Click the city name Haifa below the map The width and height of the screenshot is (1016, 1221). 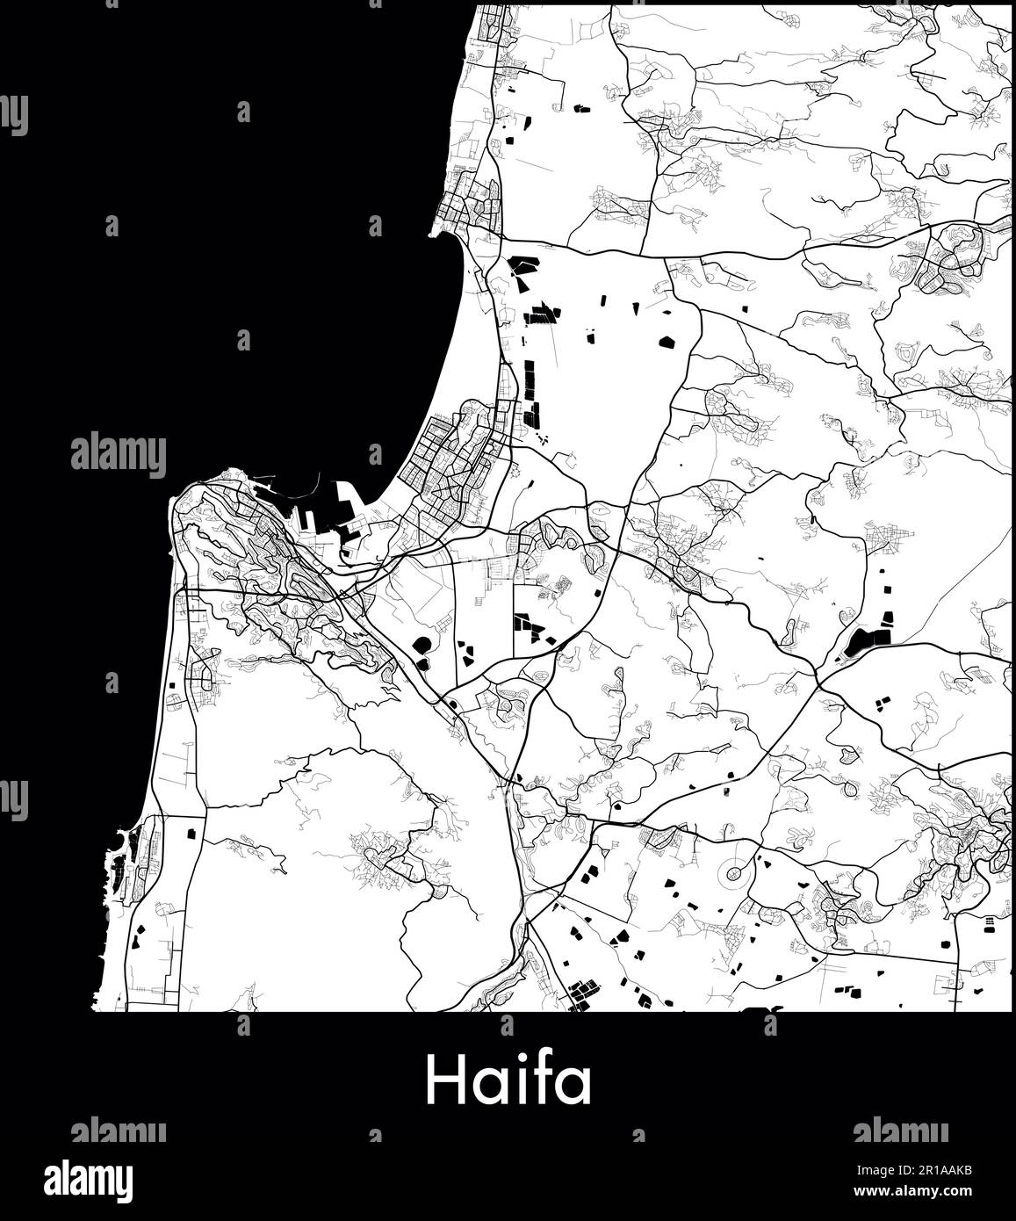pos(508,1081)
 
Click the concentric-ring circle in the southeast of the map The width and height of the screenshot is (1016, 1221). pos(735,873)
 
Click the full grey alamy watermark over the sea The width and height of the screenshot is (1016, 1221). pos(118,454)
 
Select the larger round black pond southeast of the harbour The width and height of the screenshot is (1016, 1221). pos(423,647)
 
